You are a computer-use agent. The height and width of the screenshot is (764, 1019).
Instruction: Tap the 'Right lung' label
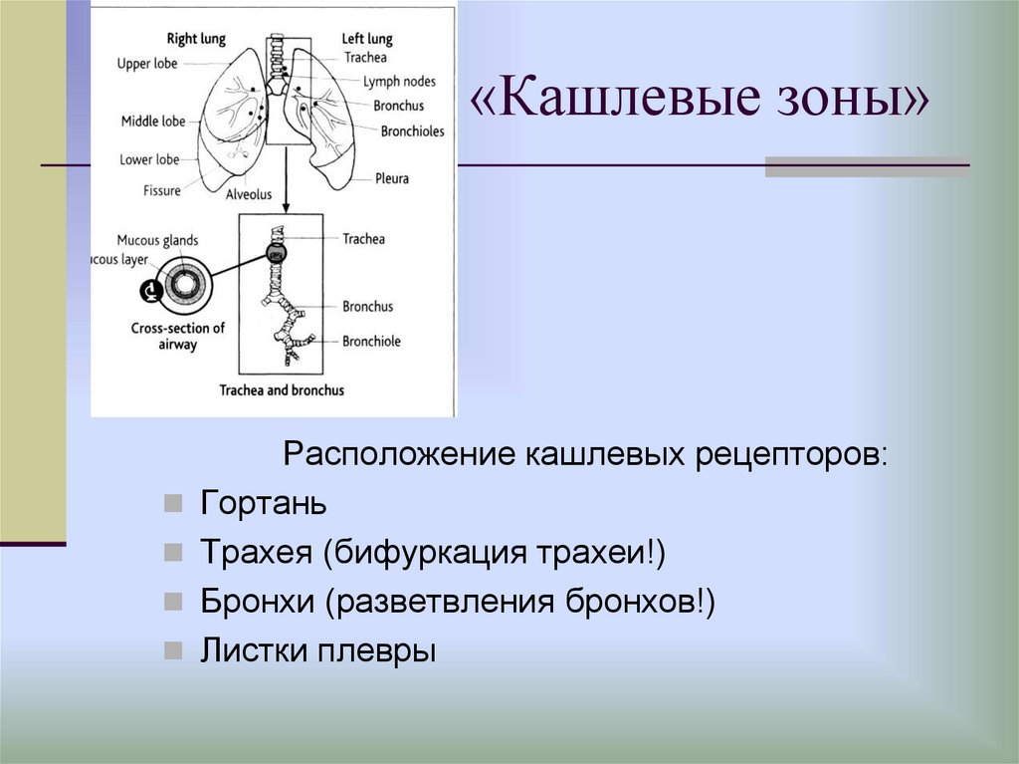[x=196, y=39]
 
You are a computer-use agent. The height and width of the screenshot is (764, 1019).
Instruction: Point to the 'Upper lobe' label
[x=146, y=64]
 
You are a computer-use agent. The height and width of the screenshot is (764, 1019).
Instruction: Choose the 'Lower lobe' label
[x=149, y=158]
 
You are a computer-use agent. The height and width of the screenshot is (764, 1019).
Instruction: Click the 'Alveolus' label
[x=248, y=194]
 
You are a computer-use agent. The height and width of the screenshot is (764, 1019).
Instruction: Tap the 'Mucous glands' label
[x=157, y=240]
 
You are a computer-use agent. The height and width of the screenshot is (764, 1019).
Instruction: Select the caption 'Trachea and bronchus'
[x=282, y=389]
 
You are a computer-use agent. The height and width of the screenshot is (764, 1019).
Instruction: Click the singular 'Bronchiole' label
[x=371, y=341]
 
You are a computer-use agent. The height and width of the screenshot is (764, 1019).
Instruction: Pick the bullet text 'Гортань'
[x=263, y=502]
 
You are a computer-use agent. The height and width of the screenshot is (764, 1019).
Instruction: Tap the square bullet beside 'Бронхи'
[x=174, y=603]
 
